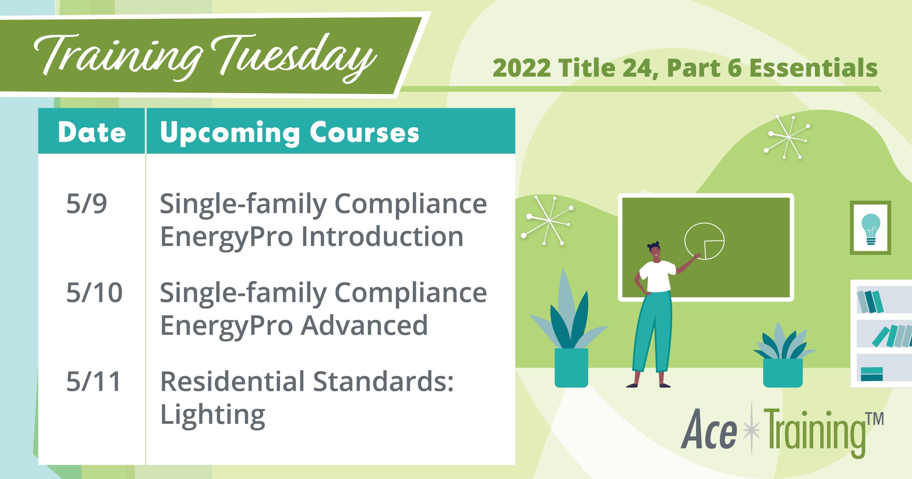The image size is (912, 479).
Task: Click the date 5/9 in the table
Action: pos(86,204)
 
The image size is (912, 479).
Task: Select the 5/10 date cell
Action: pos(94,293)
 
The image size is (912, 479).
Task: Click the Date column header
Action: pos(92,132)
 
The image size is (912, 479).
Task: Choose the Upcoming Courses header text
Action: pos(289,132)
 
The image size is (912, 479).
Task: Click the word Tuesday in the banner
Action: pos(294,58)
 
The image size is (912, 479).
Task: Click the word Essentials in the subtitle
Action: pos(813,68)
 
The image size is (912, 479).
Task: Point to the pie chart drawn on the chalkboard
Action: pos(704,241)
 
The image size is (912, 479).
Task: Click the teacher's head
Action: pos(655,252)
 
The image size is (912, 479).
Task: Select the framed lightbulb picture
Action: pos(870,228)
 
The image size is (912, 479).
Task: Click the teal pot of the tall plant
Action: pos(571,368)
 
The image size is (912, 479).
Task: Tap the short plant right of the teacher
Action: pos(783,356)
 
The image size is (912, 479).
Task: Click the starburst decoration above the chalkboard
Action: pos(787,137)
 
